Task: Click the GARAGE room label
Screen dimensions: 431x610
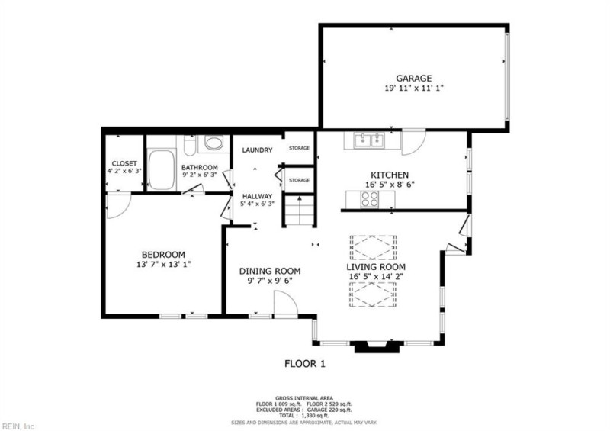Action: point(414,78)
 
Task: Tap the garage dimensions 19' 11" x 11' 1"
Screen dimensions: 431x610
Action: point(414,88)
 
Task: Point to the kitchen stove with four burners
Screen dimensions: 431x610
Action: point(370,199)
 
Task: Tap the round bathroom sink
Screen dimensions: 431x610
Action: point(213,143)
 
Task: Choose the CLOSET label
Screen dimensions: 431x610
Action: point(124,164)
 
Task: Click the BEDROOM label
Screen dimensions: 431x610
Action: point(163,255)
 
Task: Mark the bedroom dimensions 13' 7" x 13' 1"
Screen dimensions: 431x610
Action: point(163,265)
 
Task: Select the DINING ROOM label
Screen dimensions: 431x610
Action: point(270,271)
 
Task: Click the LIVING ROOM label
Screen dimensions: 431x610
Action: point(376,267)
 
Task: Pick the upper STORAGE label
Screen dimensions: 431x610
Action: point(299,148)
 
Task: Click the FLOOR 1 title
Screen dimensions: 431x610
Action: point(305,364)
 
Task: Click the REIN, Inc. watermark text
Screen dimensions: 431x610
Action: point(19,425)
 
